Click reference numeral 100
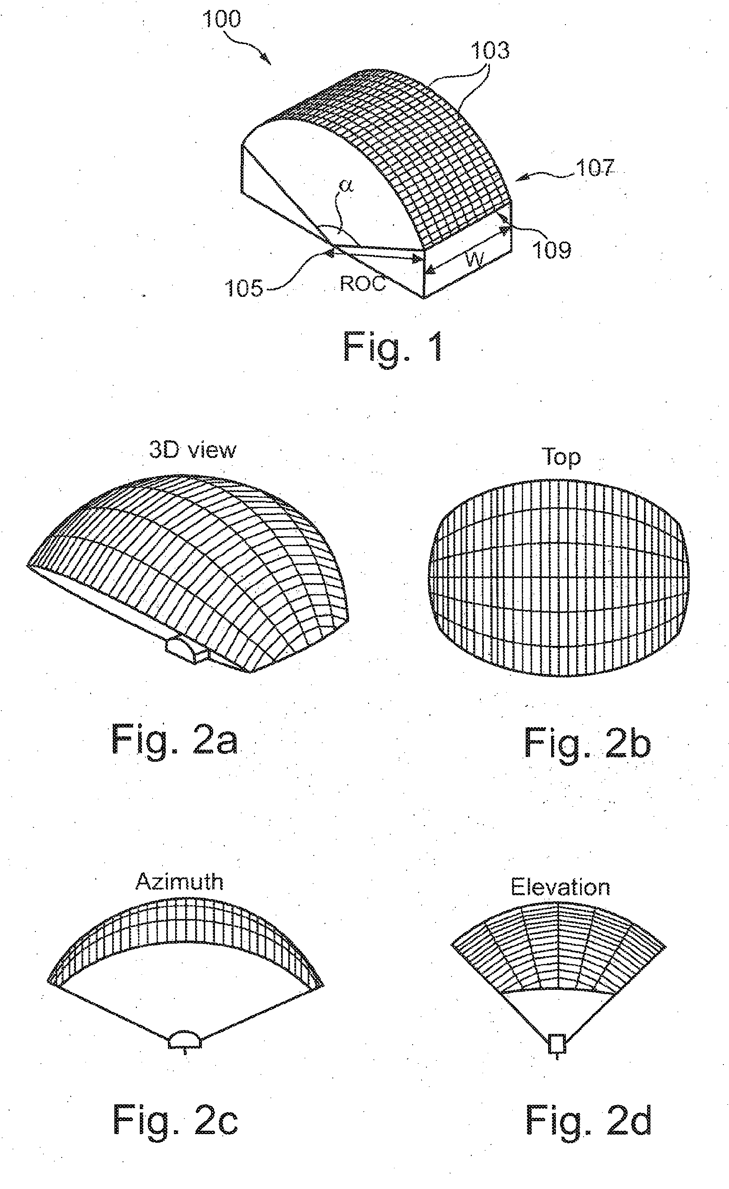point(221,19)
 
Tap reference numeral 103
point(489,51)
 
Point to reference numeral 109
point(551,250)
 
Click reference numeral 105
point(244,289)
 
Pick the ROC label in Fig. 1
point(363,283)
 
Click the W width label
point(474,259)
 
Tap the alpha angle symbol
point(346,185)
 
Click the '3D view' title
point(193,450)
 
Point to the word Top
point(561,457)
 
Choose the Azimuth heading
point(180,882)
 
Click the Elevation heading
point(560,887)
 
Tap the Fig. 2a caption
point(174,739)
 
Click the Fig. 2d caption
point(588,1119)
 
